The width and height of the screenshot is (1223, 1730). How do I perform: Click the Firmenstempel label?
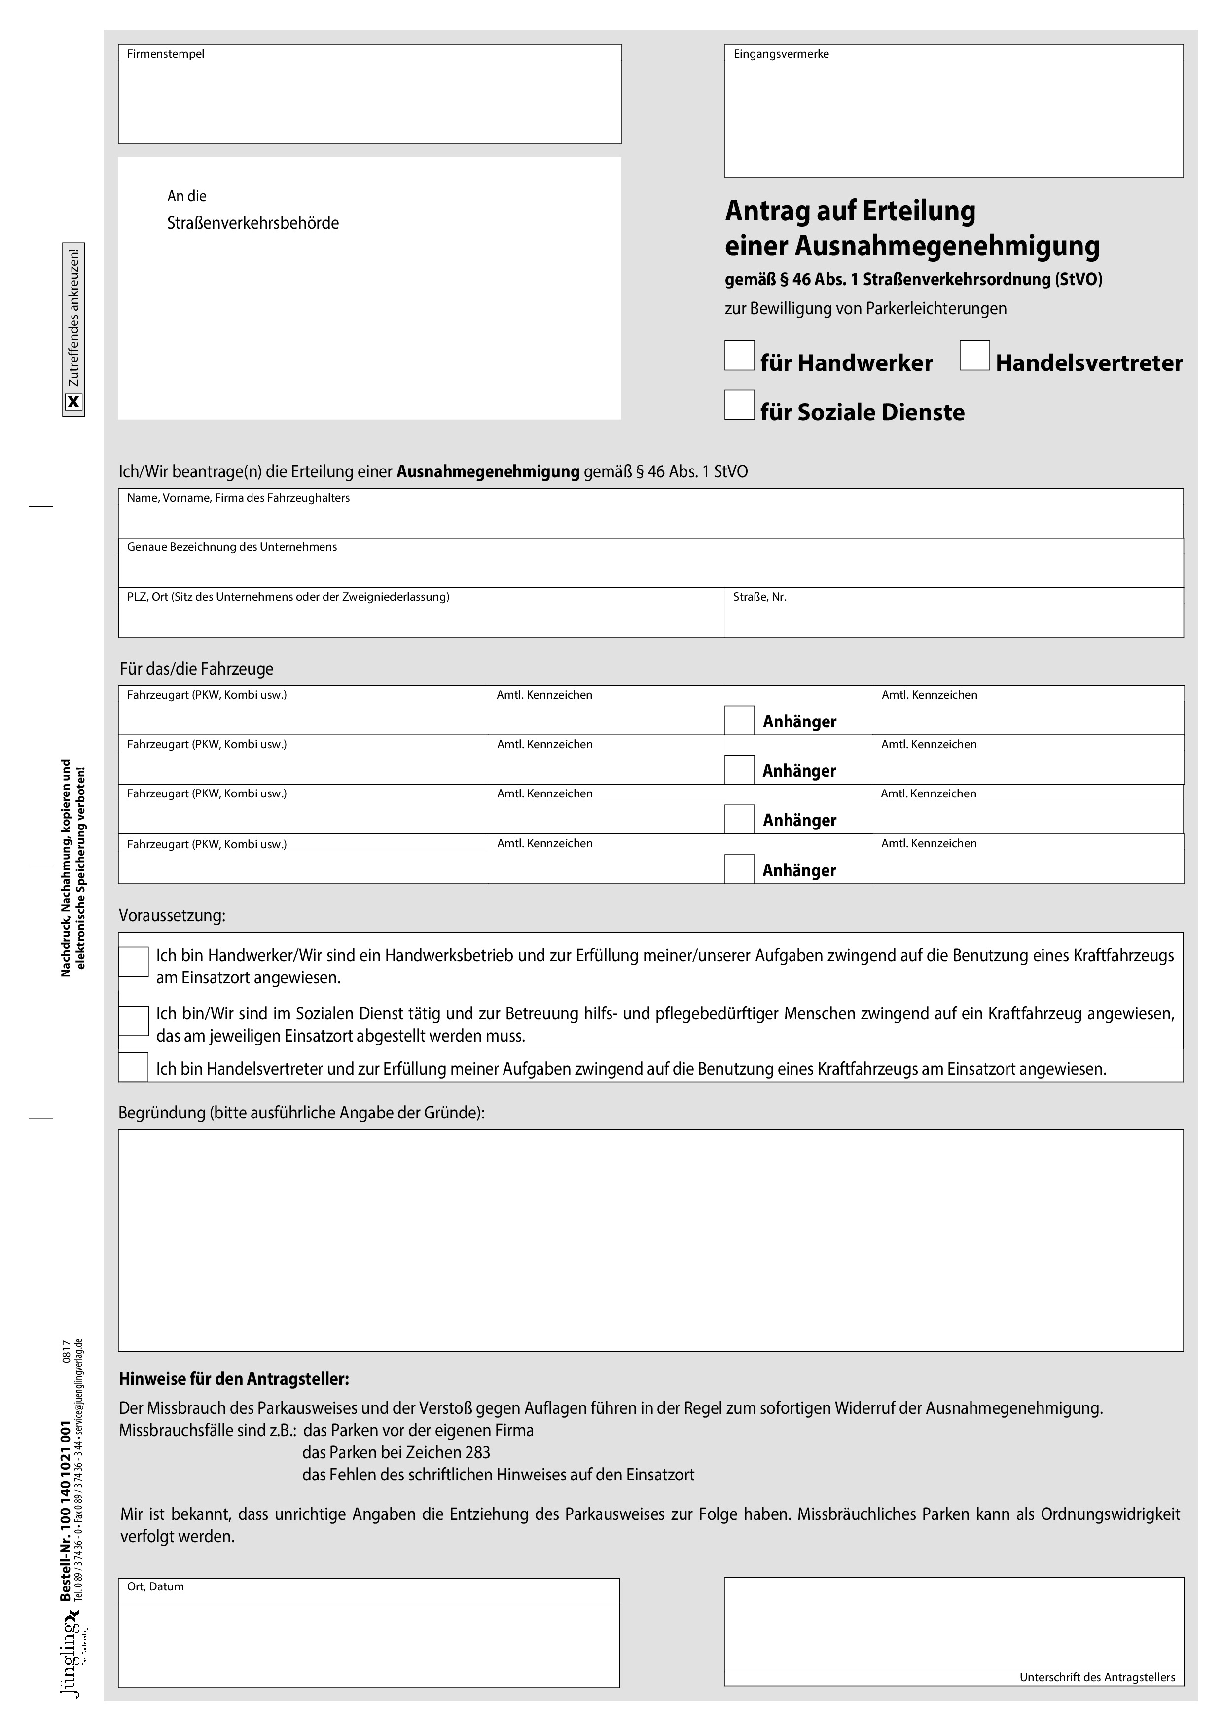click(x=165, y=54)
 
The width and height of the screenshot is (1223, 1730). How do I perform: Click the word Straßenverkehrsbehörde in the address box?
click(x=252, y=223)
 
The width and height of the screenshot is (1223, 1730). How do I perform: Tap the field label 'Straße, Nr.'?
click(x=759, y=597)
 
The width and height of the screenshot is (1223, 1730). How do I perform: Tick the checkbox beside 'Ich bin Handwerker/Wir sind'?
click(x=133, y=962)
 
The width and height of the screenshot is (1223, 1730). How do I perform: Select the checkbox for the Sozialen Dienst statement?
click(x=133, y=1020)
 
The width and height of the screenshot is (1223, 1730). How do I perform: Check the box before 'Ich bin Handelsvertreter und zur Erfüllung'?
click(x=133, y=1068)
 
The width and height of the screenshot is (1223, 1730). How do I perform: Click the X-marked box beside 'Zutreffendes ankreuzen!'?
click(x=73, y=402)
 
